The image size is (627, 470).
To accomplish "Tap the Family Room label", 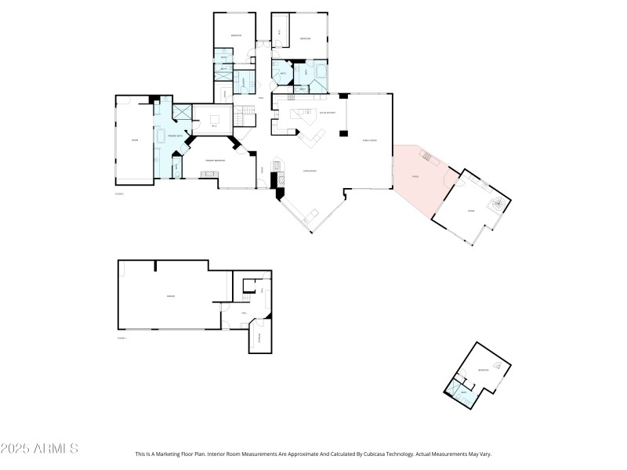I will [x=368, y=139].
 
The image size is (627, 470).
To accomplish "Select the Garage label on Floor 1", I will [x=170, y=295].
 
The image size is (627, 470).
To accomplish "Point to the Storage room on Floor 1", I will [x=259, y=337].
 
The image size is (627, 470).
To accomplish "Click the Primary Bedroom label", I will [x=216, y=160].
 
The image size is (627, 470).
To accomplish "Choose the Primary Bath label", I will [x=173, y=136].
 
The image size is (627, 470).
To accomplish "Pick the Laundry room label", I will [x=243, y=81].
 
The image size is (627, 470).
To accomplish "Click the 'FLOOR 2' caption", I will [x=121, y=193].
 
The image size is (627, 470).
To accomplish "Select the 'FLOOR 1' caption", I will [x=121, y=338].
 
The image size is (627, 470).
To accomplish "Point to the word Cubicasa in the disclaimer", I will [x=368, y=454].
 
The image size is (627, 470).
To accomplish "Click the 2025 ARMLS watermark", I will [x=39, y=449].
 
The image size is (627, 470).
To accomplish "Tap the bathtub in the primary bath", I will [x=162, y=136].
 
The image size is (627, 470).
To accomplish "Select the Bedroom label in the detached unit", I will [x=484, y=371].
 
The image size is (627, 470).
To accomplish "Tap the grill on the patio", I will [x=427, y=156].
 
